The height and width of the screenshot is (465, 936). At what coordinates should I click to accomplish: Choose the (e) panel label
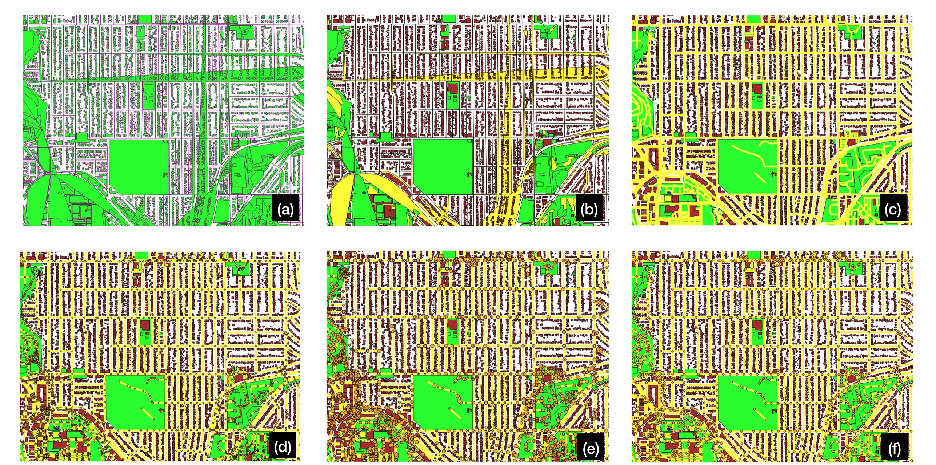tap(591, 448)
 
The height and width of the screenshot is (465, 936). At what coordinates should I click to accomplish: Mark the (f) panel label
tap(895, 448)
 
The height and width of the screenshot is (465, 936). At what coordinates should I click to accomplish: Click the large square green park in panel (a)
tap(139, 167)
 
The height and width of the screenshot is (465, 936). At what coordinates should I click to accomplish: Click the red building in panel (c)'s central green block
tap(757, 89)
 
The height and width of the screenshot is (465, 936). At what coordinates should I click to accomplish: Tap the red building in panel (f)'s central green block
tap(757, 324)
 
